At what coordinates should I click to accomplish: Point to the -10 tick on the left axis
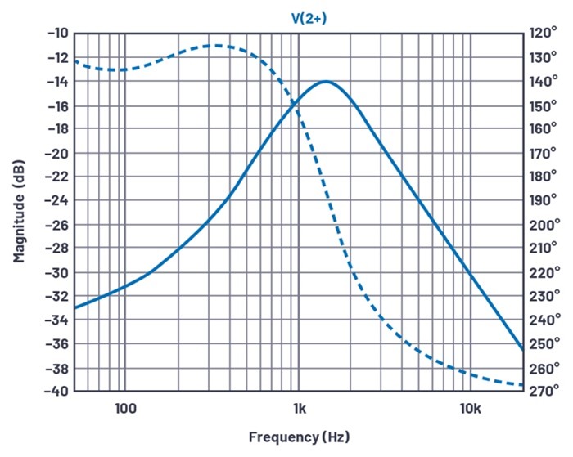(x=58, y=34)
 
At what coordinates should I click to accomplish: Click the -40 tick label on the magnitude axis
(x=58, y=391)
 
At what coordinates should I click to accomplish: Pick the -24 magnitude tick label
(x=58, y=200)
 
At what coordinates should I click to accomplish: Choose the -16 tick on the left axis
(x=58, y=105)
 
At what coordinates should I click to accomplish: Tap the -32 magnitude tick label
(x=58, y=296)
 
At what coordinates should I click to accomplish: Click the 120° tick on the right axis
(x=544, y=34)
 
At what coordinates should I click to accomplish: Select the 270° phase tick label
(x=544, y=391)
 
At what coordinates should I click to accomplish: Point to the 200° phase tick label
(x=544, y=224)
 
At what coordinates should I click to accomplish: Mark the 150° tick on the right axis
(x=544, y=105)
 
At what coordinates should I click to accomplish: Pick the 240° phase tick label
(x=544, y=320)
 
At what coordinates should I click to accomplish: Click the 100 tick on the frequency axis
(x=124, y=407)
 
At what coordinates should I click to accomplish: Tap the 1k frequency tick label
(x=298, y=407)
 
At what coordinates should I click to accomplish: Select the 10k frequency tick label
(x=470, y=407)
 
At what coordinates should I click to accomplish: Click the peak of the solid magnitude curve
(x=326, y=82)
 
